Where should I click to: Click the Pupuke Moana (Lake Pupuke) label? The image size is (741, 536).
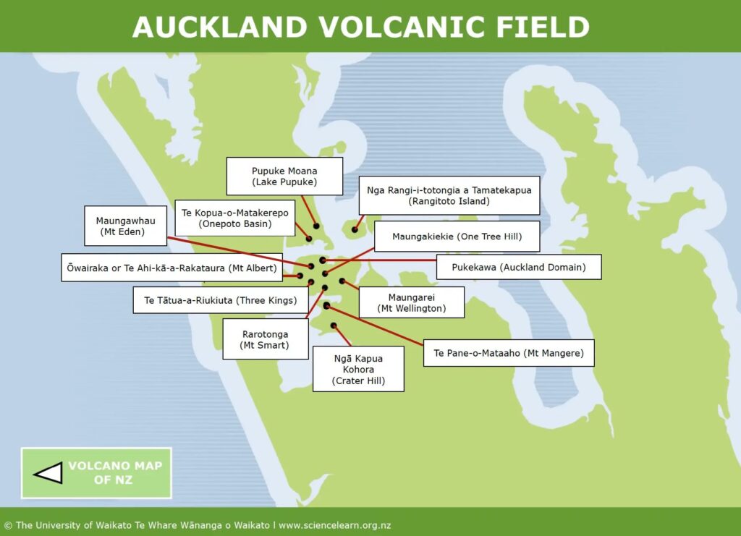(284, 176)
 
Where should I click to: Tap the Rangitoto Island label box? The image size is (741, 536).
(449, 195)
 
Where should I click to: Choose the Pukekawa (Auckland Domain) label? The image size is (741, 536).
(518, 267)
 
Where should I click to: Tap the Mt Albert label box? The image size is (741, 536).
(172, 268)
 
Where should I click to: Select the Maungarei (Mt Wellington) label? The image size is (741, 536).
(411, 302)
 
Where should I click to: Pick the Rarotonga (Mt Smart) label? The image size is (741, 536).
(265, 340)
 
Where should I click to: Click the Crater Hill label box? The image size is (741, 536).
(358, 369)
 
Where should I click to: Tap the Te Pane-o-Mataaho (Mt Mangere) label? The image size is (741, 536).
(508, 353)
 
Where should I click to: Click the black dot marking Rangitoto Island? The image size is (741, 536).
(355, 230)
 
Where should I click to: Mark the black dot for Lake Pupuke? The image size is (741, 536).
(316, 226)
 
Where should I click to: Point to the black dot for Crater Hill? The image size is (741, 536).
(334, 326)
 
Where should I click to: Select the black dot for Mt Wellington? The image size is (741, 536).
(342, 281)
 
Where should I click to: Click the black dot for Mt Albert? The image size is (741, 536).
(300, 275)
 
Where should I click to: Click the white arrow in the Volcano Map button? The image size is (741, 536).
(48, 473)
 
